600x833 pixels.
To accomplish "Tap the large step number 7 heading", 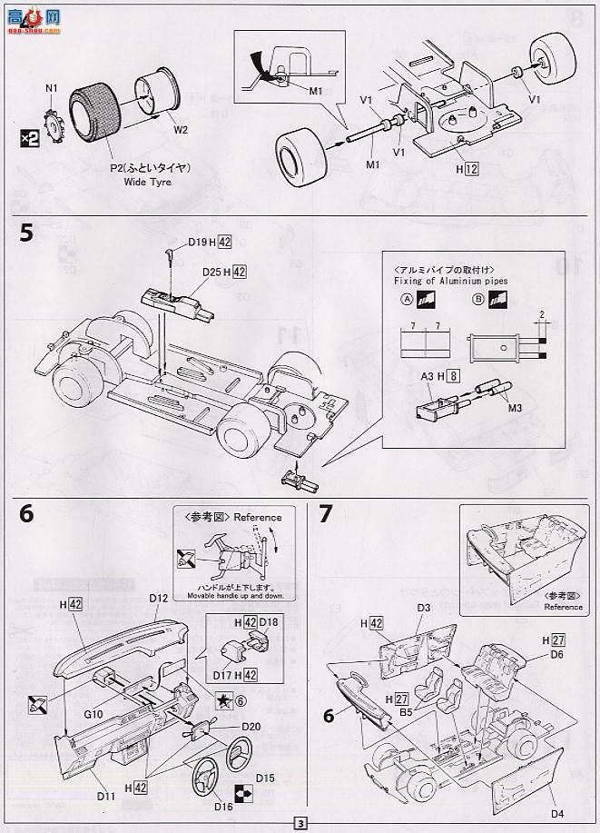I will [326, 514].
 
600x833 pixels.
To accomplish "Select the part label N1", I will [51, 89].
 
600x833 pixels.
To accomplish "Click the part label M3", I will [513, 406].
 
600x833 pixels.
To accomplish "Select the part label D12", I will [159, 598].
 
